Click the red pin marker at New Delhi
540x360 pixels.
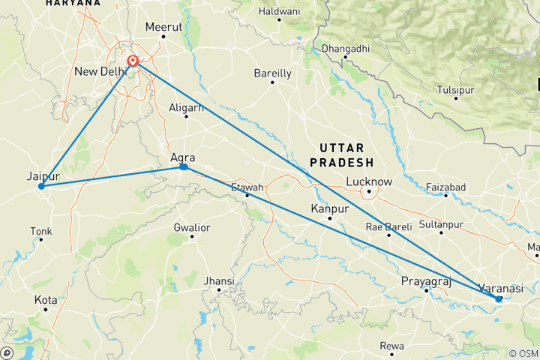tap(133, 61)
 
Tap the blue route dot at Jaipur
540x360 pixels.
tap(41, 186)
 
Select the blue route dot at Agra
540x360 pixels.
tap(184, 167)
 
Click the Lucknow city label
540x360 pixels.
tap(369, 181)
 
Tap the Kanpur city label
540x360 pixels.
tap(330, 209)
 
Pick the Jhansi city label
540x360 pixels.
tap(219, 281)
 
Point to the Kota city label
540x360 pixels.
tap(46, 300)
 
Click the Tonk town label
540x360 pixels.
tap(41, 231)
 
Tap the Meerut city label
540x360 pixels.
tap(164, 26)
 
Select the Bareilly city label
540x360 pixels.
tap(272, 73)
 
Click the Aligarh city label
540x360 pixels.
tap(187, 108)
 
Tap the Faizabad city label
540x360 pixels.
tap(446, 186)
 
